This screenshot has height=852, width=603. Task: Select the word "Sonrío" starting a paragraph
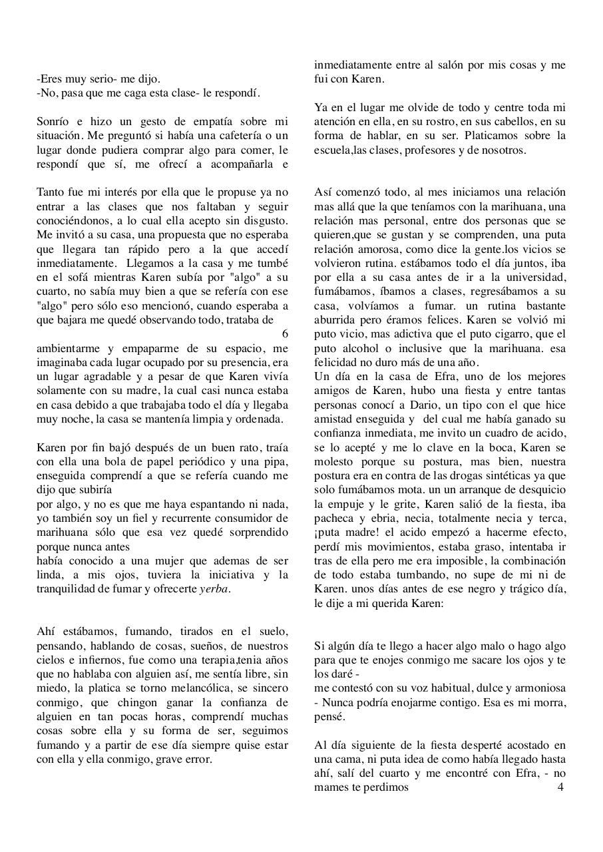(53, 121)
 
